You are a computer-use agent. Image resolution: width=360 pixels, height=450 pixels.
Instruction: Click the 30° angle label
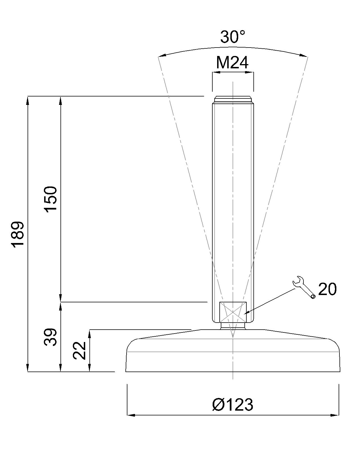pyautogui.click(x=232, y=37)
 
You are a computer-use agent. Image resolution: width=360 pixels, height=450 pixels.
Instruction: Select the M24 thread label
pyautogui.click(x=232, y=63)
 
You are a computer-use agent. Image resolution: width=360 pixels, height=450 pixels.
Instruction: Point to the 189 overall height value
pyautogui.click(x=18, y=235)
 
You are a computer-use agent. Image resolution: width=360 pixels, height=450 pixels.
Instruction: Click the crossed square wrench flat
pyautogui.click(x=233, y=312)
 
